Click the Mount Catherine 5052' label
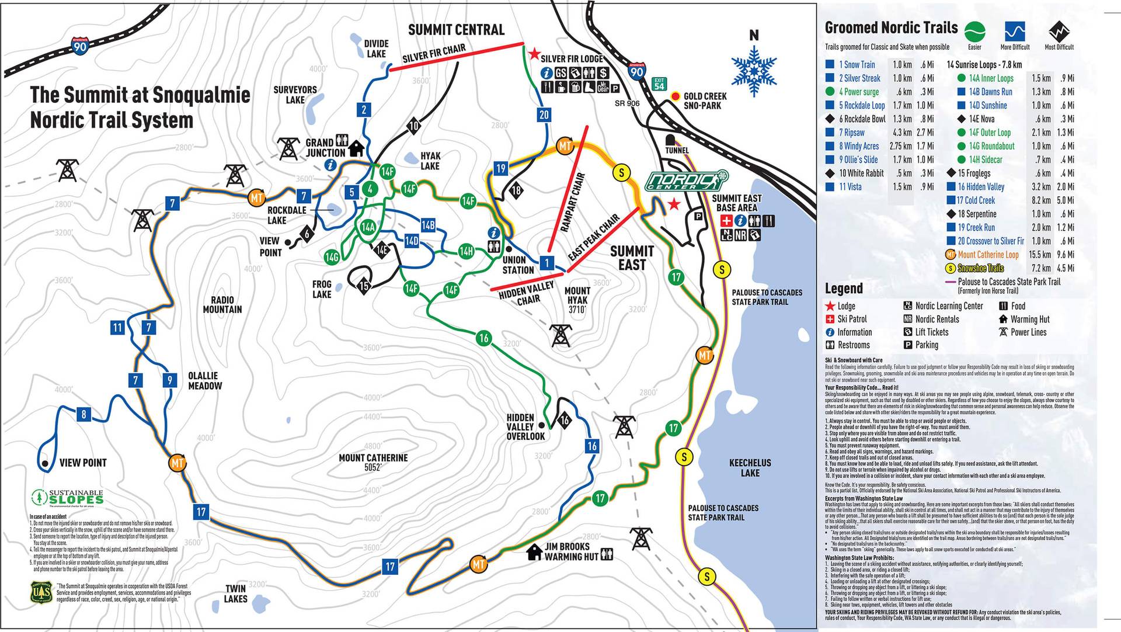(x=373, y=462)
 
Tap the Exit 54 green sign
(x=659, y=84)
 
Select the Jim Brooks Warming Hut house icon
(x=534, y=552)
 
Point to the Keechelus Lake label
(x=750, y=467)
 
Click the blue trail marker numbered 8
(x=83, y=415)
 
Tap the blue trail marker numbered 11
(x=117, y=327)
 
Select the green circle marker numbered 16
(x=483, y=338)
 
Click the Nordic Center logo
(x=687, y=180)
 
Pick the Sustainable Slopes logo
(x=67, y=497)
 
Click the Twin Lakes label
(x=236, y=593)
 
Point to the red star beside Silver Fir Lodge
(x=534, y=54)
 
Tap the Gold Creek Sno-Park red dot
(x=676, y=96)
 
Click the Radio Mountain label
(x=222, y=304)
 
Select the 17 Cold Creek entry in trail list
(x=975, y=200)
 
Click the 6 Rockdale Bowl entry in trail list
(x=861, y=119)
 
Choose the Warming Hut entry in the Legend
(x=1029, y=320)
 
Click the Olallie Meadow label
(x=205, y=381)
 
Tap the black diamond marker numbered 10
(x=413, y=126)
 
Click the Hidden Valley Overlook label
(x=525, y=427)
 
